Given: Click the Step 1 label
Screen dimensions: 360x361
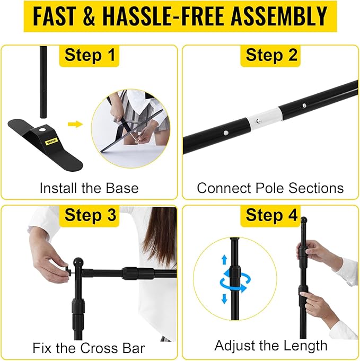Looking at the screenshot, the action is [x=90, y=55].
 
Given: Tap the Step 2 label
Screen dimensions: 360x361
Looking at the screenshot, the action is [x=271, y=55].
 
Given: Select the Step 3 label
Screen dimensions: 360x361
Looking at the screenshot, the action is [x=90, y=215].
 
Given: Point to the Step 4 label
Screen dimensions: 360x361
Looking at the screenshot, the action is [x=271, y=215].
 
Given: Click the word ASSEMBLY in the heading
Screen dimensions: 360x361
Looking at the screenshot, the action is [x=279, y=16].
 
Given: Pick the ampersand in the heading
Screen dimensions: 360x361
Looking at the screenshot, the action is [x=89, y=16].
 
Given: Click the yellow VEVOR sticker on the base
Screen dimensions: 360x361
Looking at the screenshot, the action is [x=52, y=142].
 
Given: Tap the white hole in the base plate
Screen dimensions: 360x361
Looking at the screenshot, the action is [x=42, y=130].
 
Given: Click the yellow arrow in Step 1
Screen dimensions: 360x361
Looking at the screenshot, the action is [x=75, y=125].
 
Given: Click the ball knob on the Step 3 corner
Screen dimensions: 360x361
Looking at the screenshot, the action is [x=78, y=262].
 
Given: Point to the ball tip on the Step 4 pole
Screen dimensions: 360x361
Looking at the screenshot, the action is [x=304, y=219].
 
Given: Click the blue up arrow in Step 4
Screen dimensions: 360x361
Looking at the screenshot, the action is [x=224, y=260].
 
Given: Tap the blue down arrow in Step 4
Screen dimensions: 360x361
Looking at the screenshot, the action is [x=224, y=299].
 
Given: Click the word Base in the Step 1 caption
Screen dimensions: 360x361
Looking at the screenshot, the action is [x=122, y=188].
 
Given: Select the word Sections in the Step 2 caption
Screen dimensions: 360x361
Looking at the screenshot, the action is [x=316, y=188].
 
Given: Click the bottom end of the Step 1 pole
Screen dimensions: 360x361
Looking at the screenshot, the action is [x=43, y=117].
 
